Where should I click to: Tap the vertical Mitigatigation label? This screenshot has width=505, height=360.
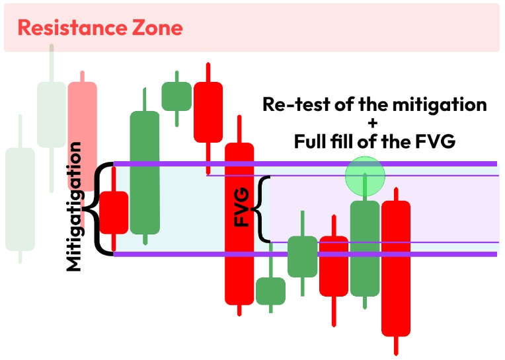pos(74,206)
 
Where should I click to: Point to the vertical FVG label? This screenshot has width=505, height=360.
pos(243,207)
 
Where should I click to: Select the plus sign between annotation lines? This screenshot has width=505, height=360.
pos(375,124)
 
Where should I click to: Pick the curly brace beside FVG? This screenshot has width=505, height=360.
pos(264,209)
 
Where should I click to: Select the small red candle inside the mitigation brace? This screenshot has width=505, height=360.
pos(114,212)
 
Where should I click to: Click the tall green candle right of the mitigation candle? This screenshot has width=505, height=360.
pos(145,172)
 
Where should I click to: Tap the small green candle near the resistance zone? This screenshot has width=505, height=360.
pos(176,96)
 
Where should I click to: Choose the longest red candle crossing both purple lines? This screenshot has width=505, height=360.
pos(239,223)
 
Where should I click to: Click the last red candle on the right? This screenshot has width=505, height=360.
pos(396,268)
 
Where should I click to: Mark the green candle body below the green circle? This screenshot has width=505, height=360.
pos(365,248)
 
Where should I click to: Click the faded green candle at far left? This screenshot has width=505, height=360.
pos(20,199)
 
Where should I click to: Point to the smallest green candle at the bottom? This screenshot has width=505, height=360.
pos(270,291)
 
